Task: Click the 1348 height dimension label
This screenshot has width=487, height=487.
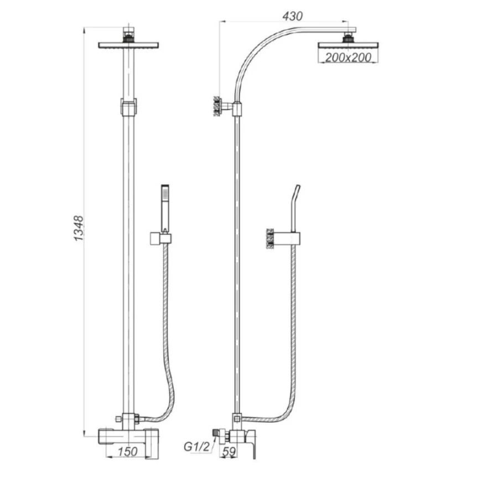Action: tap(79, 228)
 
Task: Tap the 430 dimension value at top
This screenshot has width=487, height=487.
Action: tap(292, 16)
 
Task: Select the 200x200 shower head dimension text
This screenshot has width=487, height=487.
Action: tap(348, 58)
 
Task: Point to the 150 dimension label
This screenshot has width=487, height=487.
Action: tap(127, 451)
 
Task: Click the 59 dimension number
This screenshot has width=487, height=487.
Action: tap(229, 451)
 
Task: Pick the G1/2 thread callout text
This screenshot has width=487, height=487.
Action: tap(197, 447)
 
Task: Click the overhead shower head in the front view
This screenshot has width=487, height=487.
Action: tap(128, 45)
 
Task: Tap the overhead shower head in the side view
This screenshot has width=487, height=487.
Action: tap(348, 45)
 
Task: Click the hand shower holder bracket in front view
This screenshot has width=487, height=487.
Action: tap(160, 238)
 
